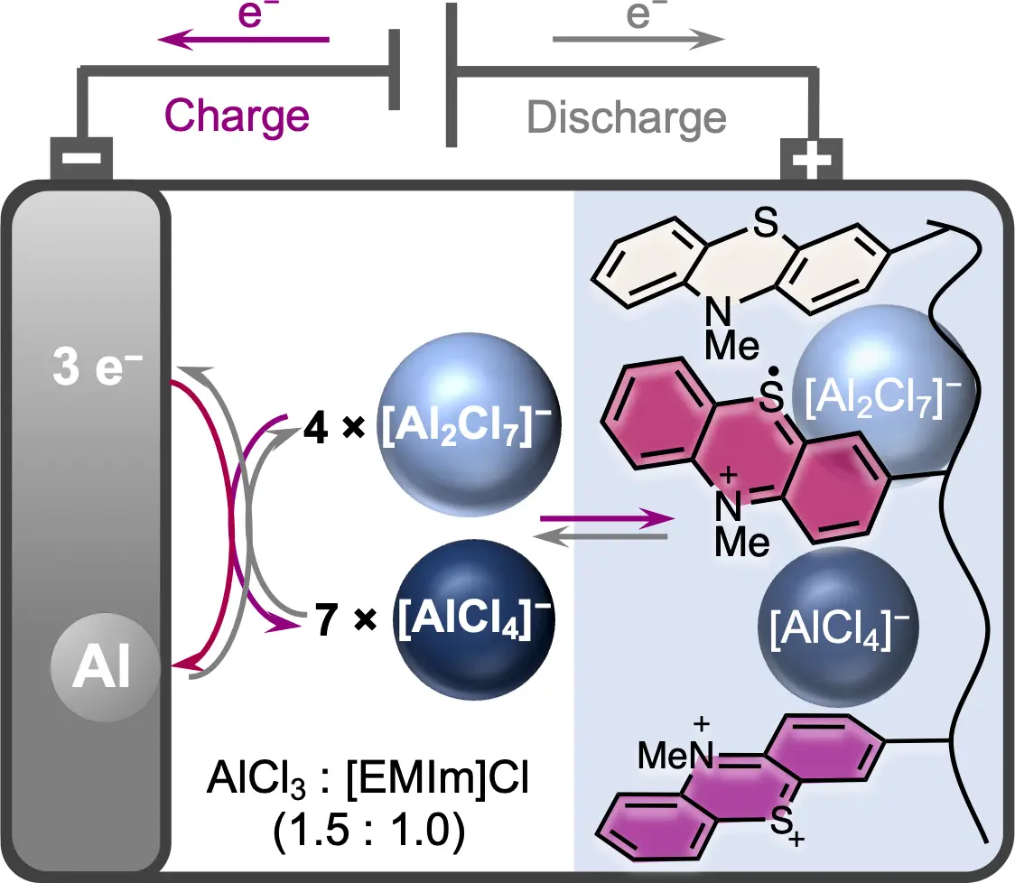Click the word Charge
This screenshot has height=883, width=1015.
tap(237, 116)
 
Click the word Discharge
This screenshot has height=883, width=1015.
tap(627, 118)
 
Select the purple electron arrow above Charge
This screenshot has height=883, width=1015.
tap(244, 40)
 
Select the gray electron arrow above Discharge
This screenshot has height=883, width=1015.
tap(638, 40)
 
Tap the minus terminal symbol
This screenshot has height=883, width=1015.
tap(81, 157)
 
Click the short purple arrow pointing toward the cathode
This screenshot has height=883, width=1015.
tap(606, 519)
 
